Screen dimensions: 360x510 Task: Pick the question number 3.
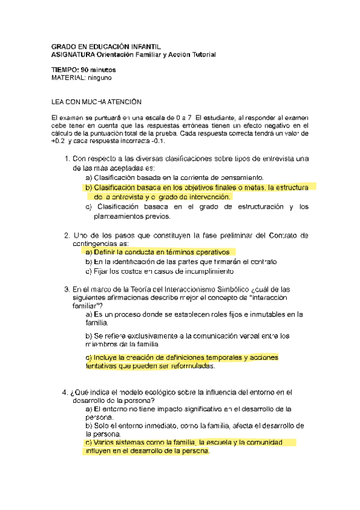click(x=66, y=289)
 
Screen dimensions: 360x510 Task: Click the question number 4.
click(x=66, y=393)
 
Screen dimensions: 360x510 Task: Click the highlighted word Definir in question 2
click(x=105, y=252)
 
